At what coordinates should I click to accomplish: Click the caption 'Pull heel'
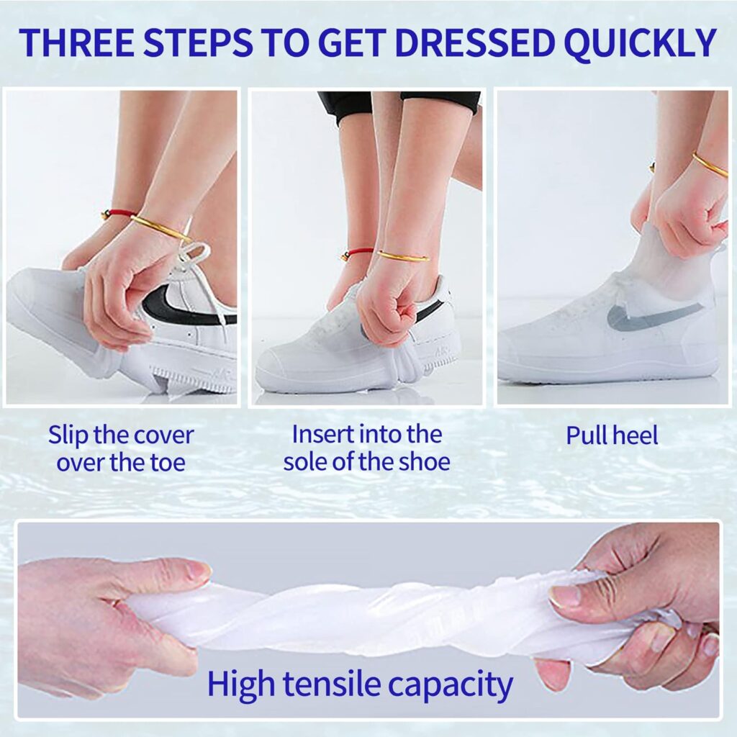click(x=612, y=435)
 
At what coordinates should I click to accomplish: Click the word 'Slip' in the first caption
click(x=68, y=436)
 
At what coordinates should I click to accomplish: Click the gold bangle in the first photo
click(x=160, y=228)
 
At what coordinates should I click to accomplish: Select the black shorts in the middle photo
click(x=399, y=106)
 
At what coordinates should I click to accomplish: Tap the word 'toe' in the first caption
click(x=167, y=463)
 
